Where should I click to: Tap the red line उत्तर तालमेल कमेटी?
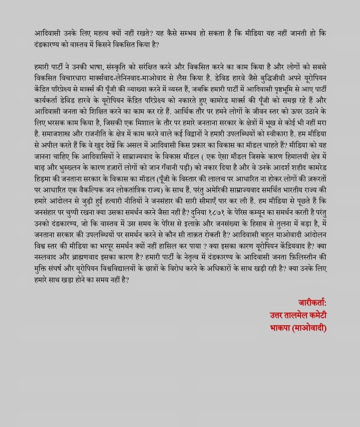click(x=298, y=315)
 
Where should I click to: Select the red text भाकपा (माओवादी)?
click(x=298, y=328)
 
